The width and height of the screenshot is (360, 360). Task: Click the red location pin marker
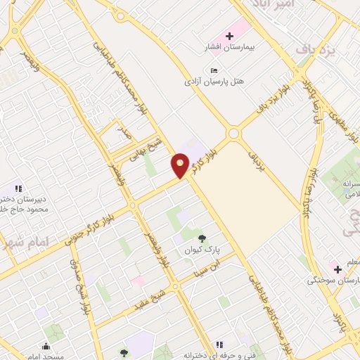[x=180, y=167]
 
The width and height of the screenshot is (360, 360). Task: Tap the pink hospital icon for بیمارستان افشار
[x=229, y=35]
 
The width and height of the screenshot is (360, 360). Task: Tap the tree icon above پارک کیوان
[x=203, y=238]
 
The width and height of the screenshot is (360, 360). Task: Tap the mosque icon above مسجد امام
[x=46, y=346]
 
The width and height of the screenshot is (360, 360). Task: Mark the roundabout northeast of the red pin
[x=233, y=133]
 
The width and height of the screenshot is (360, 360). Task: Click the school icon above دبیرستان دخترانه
[x=19, y=188]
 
